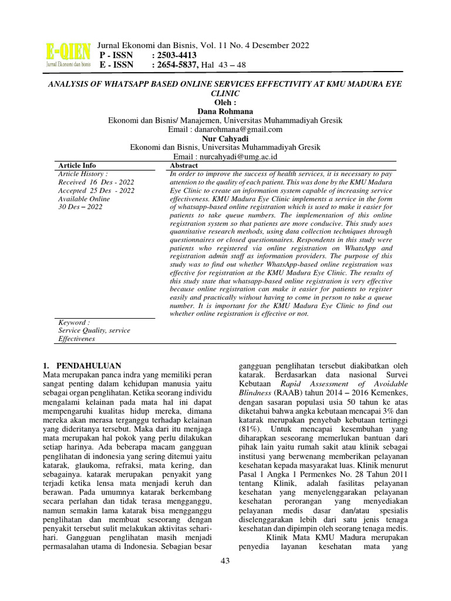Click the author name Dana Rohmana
(225, 112)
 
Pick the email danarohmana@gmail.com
(247, 129)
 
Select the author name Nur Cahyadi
(225, 139)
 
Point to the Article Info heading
(77, 166)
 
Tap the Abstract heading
(184, 166)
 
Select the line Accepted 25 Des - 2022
(96, 191)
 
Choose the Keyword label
(74, 323)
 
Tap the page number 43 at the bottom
(225, 561)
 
